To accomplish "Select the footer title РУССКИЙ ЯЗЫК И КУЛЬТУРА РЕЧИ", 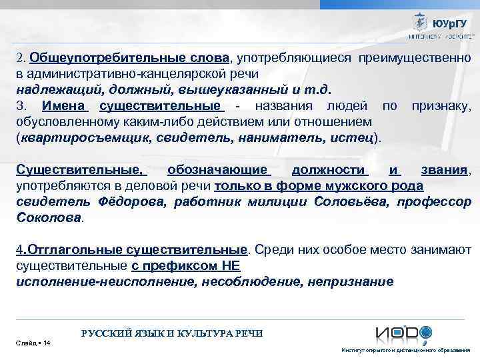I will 171,333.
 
